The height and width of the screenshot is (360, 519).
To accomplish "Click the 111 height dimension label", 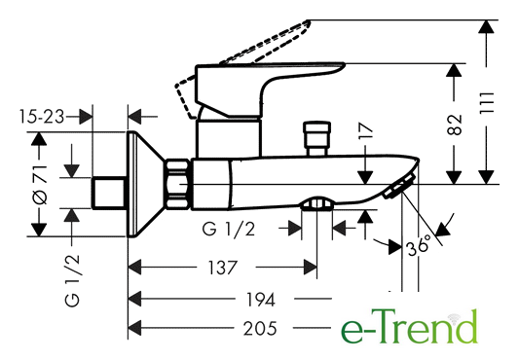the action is click(x=487, y=103).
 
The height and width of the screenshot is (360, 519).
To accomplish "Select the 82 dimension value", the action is click(x=454, y=125).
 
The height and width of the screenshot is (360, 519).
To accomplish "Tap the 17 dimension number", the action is click(x=366, y=130).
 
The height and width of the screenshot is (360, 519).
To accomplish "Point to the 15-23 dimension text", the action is click(x=42, y=117).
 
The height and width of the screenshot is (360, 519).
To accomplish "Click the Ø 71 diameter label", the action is click(x=40, y=185).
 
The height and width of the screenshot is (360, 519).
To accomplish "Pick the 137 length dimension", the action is click(x=222, y=268).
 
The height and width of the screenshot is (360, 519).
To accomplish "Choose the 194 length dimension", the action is click(x=261, y=300).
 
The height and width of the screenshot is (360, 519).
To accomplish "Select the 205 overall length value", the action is click(x=260, y=329).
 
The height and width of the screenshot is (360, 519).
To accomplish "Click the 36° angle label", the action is click(x=419, y=246).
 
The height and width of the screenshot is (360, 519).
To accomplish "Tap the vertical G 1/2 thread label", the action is click(x=72, y=280).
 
